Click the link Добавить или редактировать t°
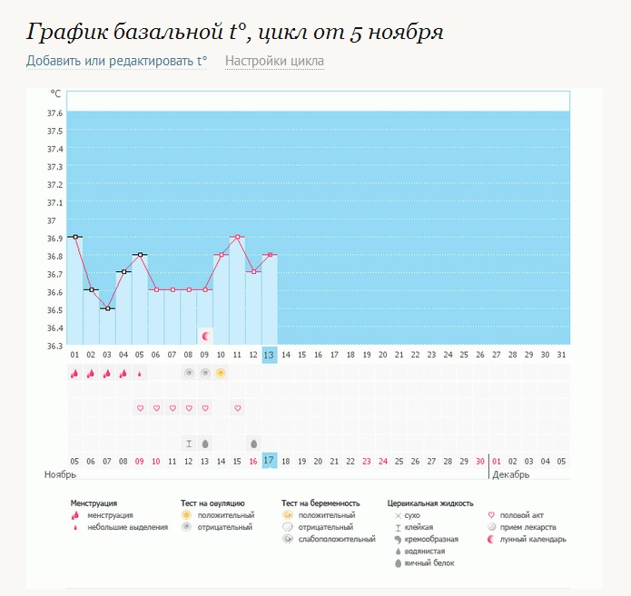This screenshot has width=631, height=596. tap(116, 62)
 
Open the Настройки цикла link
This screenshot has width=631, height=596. tap(274, 62)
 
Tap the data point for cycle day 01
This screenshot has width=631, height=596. tap(74, 237)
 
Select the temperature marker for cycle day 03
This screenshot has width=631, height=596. tap(107, 308)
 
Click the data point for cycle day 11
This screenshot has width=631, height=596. tap(237, 237)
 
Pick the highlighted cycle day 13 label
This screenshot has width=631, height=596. tap(269, 355)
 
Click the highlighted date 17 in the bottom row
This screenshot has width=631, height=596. tap(269, 461)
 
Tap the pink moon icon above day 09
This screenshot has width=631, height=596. tap(205, 336)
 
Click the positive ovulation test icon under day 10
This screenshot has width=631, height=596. tap(221, 373)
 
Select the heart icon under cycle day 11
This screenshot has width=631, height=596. tap(237, 408)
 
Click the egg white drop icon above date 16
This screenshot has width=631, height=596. tap(253, 444)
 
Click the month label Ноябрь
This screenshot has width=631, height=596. tap(59, 474)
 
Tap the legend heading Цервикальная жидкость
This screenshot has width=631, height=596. tap(430, 503)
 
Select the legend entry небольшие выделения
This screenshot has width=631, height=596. tap(127, 527)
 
